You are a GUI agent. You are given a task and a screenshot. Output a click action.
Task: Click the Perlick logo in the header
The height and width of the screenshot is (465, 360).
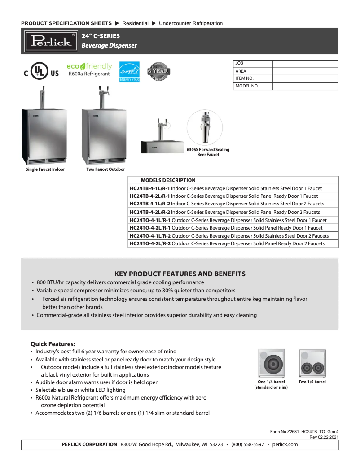(51, 41)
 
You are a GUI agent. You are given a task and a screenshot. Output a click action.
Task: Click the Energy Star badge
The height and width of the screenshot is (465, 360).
(129, 72)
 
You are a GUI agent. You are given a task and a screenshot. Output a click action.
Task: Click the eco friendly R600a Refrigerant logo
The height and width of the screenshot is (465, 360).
(89, 70)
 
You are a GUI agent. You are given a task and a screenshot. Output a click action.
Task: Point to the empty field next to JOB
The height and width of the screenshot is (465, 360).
(305, 64)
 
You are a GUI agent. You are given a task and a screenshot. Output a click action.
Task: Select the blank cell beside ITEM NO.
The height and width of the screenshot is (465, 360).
(305, 78)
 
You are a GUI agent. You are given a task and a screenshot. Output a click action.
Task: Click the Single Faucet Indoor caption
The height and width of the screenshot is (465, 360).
(45, 169)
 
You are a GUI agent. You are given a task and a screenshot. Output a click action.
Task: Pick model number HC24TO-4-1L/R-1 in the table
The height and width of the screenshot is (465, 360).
(150, 220)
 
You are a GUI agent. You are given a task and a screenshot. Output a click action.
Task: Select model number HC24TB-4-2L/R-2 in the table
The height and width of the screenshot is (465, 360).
(150, 212)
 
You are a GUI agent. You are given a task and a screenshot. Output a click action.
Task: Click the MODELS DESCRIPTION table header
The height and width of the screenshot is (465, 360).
(168, 180)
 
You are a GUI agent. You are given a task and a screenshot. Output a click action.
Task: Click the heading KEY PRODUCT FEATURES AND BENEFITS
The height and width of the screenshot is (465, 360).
(180, 274)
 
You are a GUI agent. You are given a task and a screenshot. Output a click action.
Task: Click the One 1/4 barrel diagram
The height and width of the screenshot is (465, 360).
(271, 364)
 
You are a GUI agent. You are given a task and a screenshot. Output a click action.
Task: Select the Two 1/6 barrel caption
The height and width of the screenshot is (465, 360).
(312, 382)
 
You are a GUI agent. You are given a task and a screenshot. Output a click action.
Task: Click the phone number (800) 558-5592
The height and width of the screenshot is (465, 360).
(247, 444)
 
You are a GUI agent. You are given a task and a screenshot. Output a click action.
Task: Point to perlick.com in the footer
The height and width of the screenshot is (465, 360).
(285, 444)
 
